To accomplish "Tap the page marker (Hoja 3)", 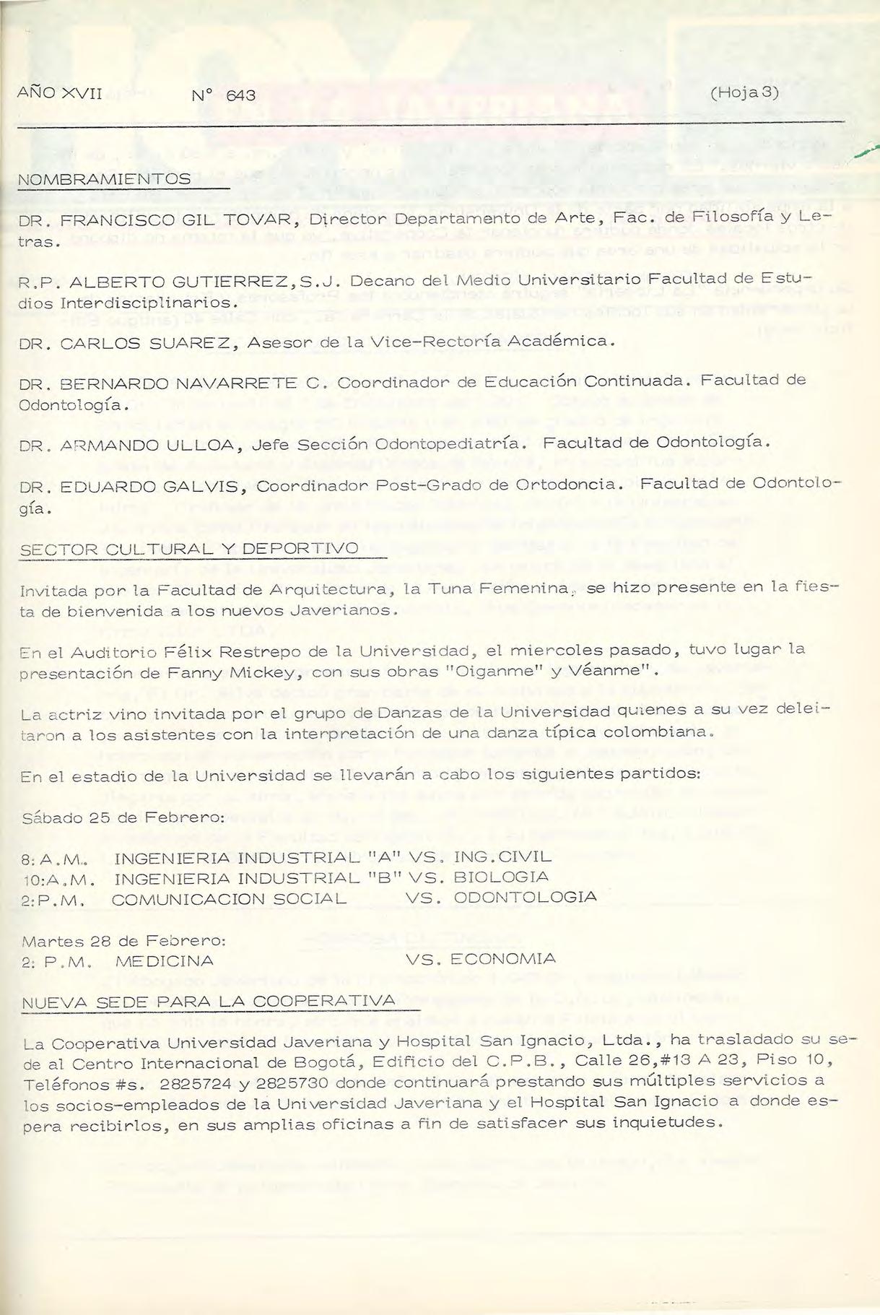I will click(744, 93).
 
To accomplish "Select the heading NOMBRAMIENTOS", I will click(105, 178).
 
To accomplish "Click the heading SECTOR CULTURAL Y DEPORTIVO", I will click(189, 549).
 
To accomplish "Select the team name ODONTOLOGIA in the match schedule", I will click(525, 898).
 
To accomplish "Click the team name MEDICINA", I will click(164, 961).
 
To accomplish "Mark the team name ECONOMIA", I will click(502, 960).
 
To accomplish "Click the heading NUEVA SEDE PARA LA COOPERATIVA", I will click(210, 1002).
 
